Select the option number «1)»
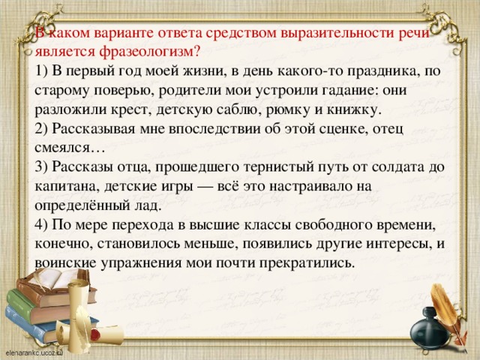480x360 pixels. click(x=41, y=72)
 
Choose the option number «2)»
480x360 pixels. click(x=41, y=129)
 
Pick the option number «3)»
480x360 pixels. click(x=41, y=167)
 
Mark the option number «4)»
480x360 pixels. click(x=41, y=225)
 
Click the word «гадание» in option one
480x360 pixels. click(x=344, y=91)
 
